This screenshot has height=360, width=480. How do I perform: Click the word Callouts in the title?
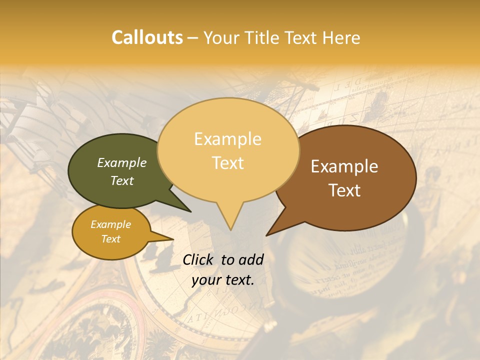click(147, 37)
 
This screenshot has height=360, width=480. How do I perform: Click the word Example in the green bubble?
click(121, 163)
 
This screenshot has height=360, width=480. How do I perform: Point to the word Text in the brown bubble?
click(345, 190)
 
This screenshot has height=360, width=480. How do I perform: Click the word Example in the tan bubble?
click(227, 139)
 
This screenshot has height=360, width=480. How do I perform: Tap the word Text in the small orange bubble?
click(110, 239)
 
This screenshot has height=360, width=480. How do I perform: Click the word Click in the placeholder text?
click(198, 259)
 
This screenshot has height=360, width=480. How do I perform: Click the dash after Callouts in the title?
click(193, 38)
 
